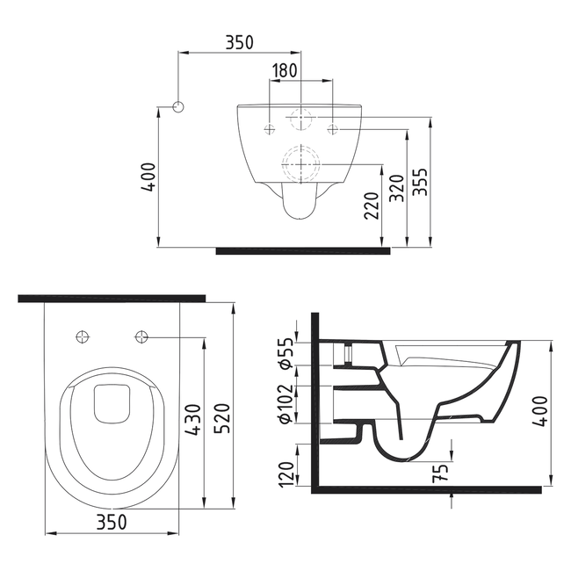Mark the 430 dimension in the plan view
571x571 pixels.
tap(196, 421)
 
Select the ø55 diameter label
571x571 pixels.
tap(286, 352)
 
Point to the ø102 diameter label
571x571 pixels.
tap(286, 403)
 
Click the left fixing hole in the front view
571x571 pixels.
tap(269, 130)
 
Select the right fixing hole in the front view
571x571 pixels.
tap(333, 130)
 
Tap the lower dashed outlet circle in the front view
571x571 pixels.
tap(300, 162)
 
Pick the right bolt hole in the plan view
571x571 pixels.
tap(141, 336)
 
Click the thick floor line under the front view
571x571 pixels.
tap(303, 250)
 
